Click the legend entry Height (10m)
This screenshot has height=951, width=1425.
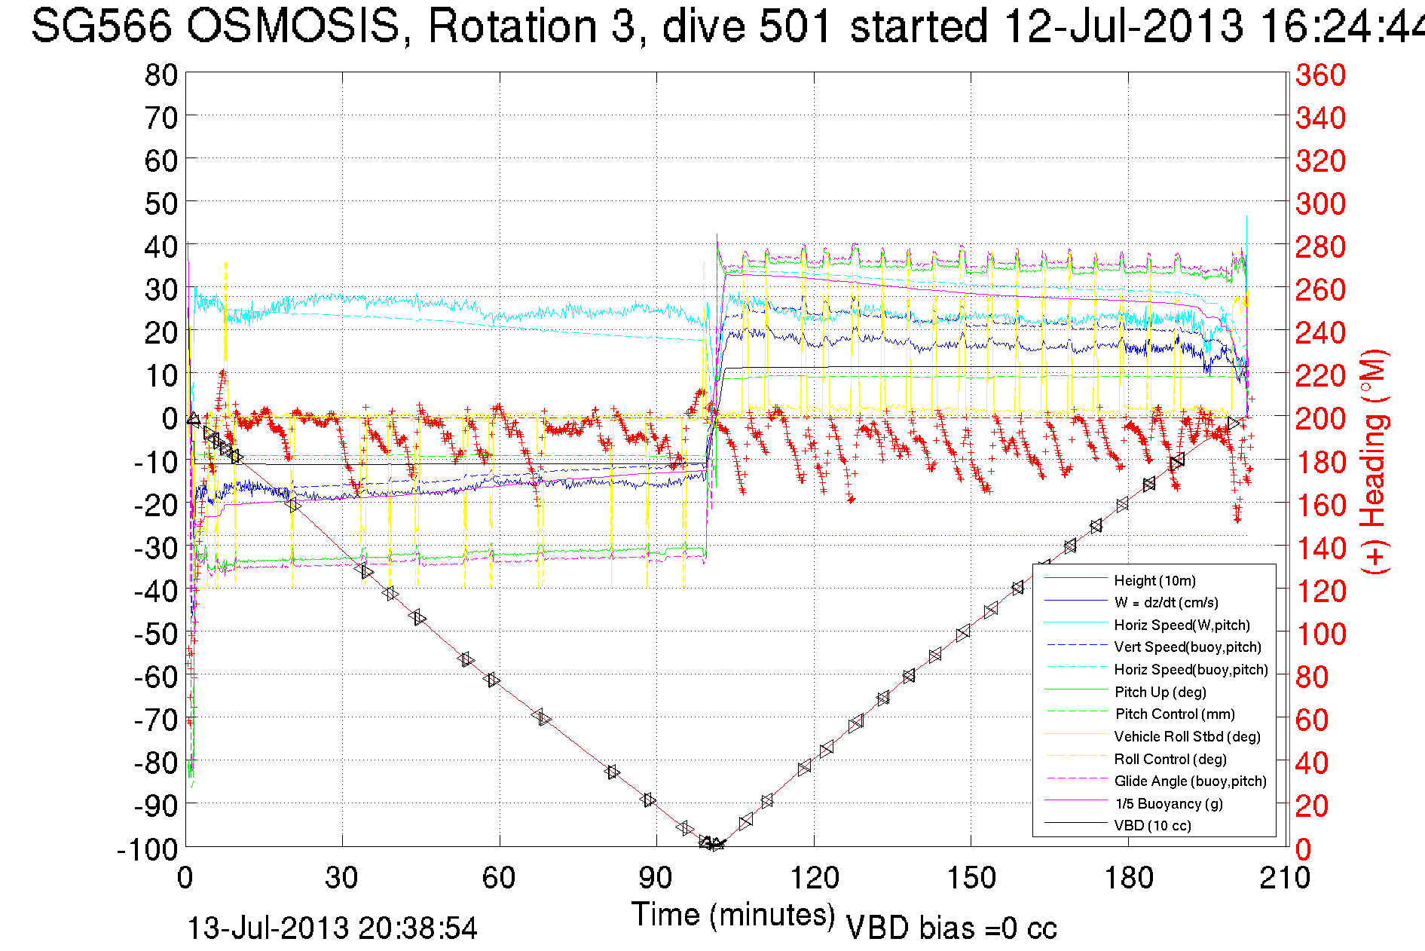[1154, 580]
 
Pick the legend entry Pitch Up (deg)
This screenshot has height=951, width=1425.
[1160, 692]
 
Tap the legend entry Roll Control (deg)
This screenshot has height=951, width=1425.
[1170, 759]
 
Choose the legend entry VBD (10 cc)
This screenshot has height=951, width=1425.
[1152, 825]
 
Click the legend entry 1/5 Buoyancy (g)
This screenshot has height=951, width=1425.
[1169, 803]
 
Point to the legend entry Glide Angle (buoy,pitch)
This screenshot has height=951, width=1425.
[1190, 781]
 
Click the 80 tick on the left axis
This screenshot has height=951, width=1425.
[161, 75]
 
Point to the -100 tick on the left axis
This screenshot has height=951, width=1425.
[147, 849]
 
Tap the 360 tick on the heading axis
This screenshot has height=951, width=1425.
[1320, 75]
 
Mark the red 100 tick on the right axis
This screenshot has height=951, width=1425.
[1320, 634]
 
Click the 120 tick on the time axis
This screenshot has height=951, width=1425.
[814, 878]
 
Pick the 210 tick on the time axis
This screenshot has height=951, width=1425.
[1285, 878]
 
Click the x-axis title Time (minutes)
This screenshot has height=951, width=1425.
[733, 915]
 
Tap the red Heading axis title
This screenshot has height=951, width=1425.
[1373, 461]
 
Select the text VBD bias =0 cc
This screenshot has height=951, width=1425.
[951, 928]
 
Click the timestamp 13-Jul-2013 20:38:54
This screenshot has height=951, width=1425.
[332, 928]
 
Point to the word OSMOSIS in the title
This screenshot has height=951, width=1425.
[292, 26]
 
